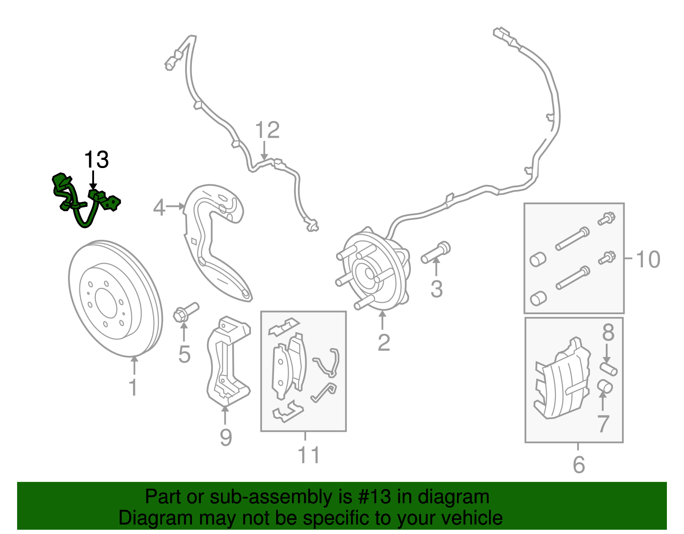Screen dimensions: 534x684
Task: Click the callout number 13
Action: pyautogui.click(x=96, y=160)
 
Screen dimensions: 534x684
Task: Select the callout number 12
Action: pyautogui.click(x=267, y=130)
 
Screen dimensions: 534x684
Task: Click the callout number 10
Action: pyautogui.click(x=648, y=260)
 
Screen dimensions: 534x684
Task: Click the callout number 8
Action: pyautogui.click(x=608, y=332)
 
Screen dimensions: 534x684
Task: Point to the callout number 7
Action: pyautogui.click(x=603, y=424)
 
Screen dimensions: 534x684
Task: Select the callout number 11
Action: pyautogui.click(x=309, y=455)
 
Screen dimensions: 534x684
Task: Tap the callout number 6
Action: pyautogui.click(x=578, y=465)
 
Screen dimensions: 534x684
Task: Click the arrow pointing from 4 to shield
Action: pyautogui.click(x=175, y=207)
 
